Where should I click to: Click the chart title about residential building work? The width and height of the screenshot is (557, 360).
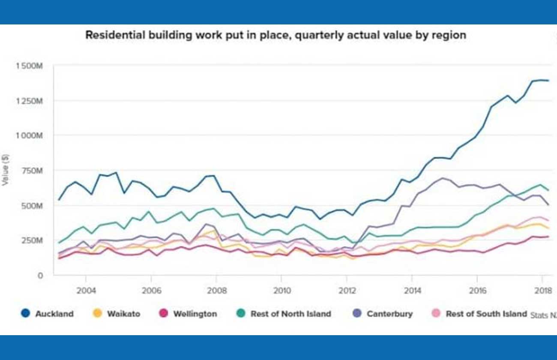(x=276, y=35)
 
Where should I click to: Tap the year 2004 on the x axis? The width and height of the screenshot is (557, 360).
(x=85, y=291)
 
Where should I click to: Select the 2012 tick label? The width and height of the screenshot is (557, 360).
(x=347, y=291)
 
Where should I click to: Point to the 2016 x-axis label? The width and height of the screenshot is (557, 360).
(x=477, y=291)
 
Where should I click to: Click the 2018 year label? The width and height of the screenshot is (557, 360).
(x=542, y=291)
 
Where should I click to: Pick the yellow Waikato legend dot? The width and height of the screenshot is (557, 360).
(x=97, y=314)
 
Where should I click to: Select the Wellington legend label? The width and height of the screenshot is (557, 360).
(x=195, y=314)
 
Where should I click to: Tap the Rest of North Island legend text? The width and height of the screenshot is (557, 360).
(x=290, y=314)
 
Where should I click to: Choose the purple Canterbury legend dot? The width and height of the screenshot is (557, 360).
(x=357, y=314)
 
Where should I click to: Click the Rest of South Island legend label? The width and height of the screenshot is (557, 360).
(x=486, y=314)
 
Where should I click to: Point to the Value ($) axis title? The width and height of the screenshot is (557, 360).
(x=5, y=170)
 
